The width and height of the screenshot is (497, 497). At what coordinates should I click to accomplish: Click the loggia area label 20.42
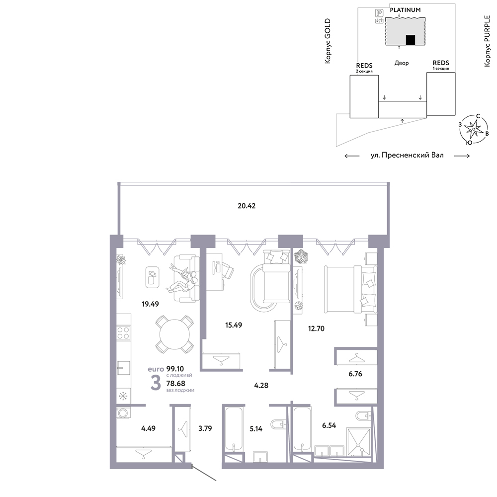click(x=247, y=206)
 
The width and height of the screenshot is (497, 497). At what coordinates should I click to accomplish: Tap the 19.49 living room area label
click(x=150, y=304)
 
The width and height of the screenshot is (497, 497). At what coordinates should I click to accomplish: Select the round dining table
click(x=174, y=334)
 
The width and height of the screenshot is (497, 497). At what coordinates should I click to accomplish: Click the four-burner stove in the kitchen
click(x=123, y=333)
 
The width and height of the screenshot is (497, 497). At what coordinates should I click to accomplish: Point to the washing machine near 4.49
click(x=123, y=413)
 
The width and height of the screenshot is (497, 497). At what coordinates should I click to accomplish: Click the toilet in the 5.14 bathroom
click(x=279, y=424)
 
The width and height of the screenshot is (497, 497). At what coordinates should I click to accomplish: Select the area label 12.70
click(x=316, y=329)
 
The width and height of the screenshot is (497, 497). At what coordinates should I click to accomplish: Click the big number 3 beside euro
click(x=156, y=383)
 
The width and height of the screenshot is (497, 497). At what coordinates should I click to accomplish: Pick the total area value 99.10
click(x=175, y=369)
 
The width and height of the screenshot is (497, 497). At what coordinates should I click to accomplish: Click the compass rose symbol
click(x=473, y=129)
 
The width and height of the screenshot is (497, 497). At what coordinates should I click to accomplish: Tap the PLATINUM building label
click(x=405, y=10)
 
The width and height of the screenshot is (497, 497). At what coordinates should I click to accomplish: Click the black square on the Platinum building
click(x=411, y=40)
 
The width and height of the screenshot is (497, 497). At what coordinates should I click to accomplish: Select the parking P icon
click(x=379, y=13)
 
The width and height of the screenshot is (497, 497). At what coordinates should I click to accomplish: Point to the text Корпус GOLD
click(x=328, y=41)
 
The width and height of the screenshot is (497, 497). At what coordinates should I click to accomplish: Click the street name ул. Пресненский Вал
click(x=407, y=155)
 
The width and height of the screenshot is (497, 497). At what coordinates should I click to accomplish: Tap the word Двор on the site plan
click(x=402, y=63)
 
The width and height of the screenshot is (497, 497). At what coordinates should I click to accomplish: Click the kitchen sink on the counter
click(x=124, y=368)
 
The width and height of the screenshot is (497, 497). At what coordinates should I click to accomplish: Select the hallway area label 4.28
click(x=261, y=386)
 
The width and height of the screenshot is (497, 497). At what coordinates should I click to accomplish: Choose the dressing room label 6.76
click(x=355, y=374)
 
